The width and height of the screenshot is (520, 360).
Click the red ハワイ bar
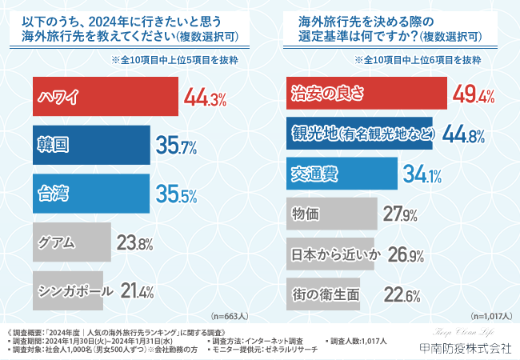[x=104, y=99]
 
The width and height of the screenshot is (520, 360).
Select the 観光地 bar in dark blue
[x=359, y=134]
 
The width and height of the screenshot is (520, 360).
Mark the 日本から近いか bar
[x=330, y=254]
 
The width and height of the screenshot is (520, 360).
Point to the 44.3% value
[x=206, y=99]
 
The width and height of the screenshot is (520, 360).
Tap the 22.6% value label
[x=402, y=294]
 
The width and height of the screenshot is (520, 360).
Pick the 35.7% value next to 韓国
[x=176, y=146]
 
